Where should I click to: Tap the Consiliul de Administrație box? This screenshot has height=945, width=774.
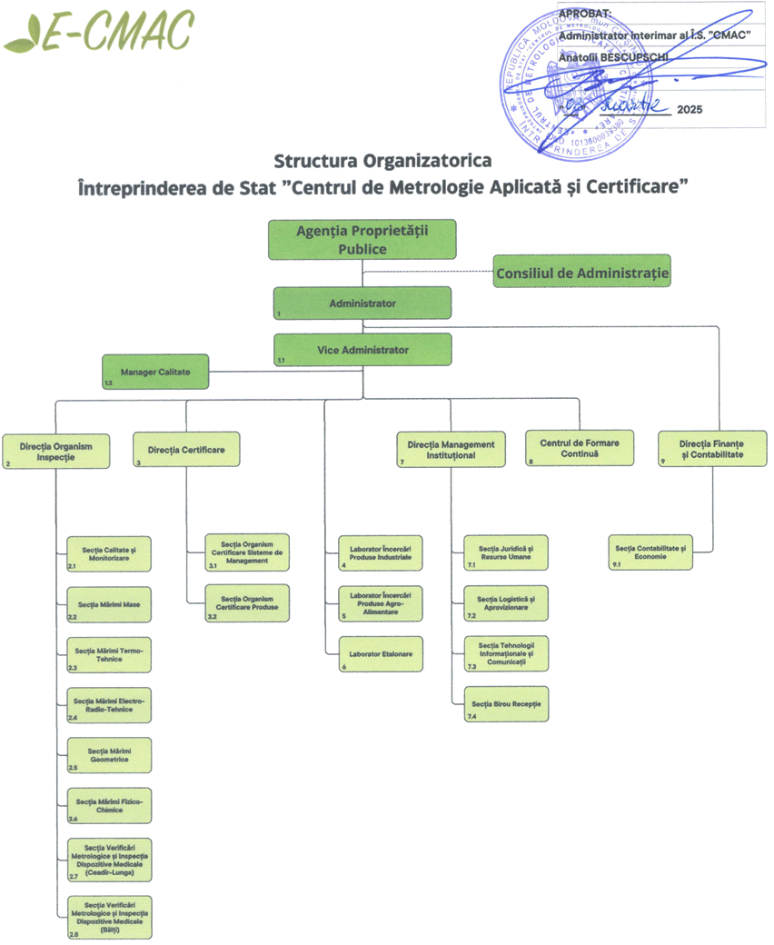(581, 272)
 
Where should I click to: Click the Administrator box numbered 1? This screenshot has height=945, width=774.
(362, 303)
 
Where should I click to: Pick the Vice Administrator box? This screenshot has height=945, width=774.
(362, 350)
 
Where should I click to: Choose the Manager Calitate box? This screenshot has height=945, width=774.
(155, 372)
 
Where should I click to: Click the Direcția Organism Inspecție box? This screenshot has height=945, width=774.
(55, 451)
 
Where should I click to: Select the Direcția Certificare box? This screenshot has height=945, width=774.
(186, 449)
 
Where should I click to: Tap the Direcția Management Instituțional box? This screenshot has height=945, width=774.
(451, 450)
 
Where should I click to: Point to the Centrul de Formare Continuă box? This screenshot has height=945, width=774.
(580, 448)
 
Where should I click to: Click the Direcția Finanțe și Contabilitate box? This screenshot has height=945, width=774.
(711, 449)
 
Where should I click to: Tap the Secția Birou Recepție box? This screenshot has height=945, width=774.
(505, 704)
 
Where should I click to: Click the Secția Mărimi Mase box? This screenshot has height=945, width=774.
(109, 604)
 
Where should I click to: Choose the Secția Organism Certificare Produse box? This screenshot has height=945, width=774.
(247, 603)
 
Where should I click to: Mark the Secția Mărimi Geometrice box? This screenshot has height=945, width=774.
(109, 755)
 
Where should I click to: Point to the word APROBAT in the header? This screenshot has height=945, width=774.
(586, 13)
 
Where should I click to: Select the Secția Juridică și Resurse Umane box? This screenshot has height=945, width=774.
(505, 552)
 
